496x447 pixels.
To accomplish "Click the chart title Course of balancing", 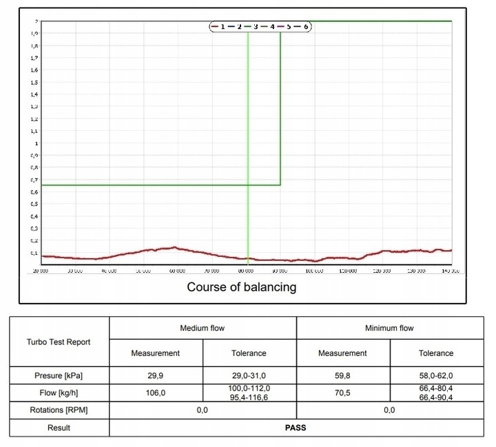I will tap(242, 287).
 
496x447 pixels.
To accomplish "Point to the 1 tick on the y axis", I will tap(36, 144).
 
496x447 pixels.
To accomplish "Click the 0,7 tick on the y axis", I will tap(34, 180).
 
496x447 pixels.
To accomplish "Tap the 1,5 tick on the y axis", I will tap(34, 83).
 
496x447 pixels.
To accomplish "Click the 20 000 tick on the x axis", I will tap(41, 271).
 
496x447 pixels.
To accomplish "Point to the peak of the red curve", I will tap(175, 247).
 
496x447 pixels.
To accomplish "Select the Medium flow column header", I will tap(203, 329).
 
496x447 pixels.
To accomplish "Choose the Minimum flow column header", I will tap(389, 329).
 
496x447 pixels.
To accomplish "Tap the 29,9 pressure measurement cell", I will tap(156, 376).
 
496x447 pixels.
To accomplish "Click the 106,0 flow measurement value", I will tap(156, 393).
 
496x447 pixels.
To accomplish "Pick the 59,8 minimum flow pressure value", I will tap(342, 376).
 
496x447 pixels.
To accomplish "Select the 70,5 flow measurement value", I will tap(342, 393).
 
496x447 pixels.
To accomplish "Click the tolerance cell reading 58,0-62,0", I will tap(436, 376).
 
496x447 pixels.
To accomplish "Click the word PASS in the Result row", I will tap(296, 428).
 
